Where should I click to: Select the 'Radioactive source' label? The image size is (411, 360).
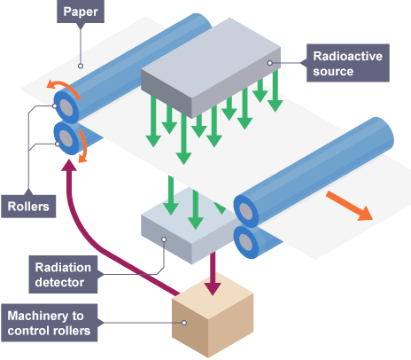tap(341, 62)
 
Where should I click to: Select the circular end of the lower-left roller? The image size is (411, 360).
tap(66, 137)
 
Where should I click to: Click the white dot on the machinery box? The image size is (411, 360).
tap(183, 322)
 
